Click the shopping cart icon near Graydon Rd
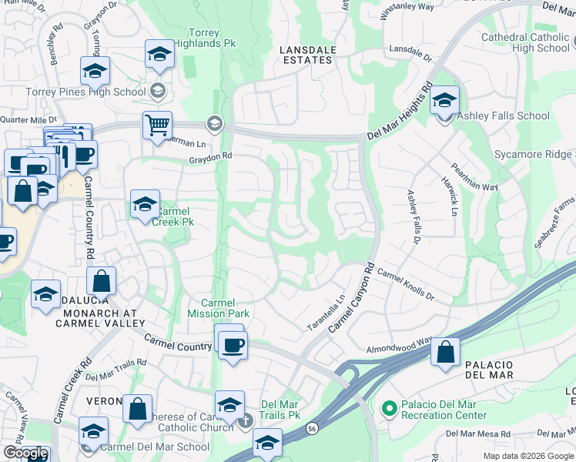coord(157,124)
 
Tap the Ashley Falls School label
coord(504,116)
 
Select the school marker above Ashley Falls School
coord(444,100)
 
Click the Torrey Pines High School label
coord(75,92)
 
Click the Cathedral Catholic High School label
coord(525,42)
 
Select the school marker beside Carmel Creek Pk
coord(145,204)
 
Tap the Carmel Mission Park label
coord(218,308)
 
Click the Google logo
coord(25,453)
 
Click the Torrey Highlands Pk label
coord(213,39)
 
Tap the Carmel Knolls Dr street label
coord(405,285)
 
